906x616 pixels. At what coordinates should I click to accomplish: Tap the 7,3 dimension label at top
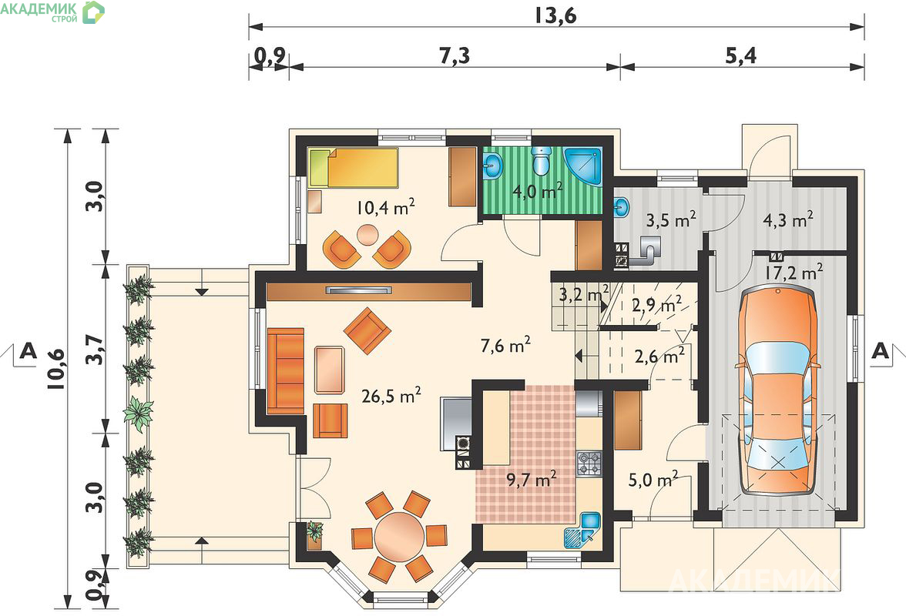[455, 55]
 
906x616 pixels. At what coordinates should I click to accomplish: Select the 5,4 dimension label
[740, 55]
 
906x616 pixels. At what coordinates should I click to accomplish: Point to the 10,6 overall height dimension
[57, 370]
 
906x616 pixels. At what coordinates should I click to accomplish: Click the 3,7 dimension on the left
[96, 349]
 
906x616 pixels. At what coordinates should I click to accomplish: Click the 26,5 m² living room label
[391, 396]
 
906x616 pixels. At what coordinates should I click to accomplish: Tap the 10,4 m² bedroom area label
[385, 206]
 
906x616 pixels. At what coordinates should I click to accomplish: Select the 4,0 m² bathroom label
[538, 190]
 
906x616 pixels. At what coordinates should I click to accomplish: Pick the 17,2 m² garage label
[794, 271]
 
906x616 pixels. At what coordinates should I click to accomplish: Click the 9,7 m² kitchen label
[531, 479]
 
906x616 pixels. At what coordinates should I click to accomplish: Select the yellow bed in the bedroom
[353, 167]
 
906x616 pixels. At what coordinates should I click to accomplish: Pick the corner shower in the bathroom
[583, 166]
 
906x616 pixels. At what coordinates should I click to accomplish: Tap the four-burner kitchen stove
[589, 464]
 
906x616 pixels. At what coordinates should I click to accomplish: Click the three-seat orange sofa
[285, 370]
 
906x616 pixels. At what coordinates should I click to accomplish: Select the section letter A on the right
[880, 350]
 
